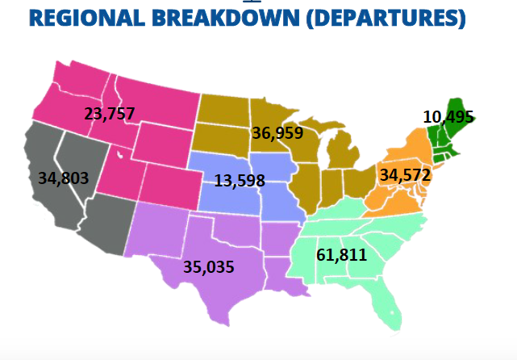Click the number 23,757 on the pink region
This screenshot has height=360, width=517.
[110, 113]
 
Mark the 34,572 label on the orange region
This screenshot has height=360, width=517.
[405, 174]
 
